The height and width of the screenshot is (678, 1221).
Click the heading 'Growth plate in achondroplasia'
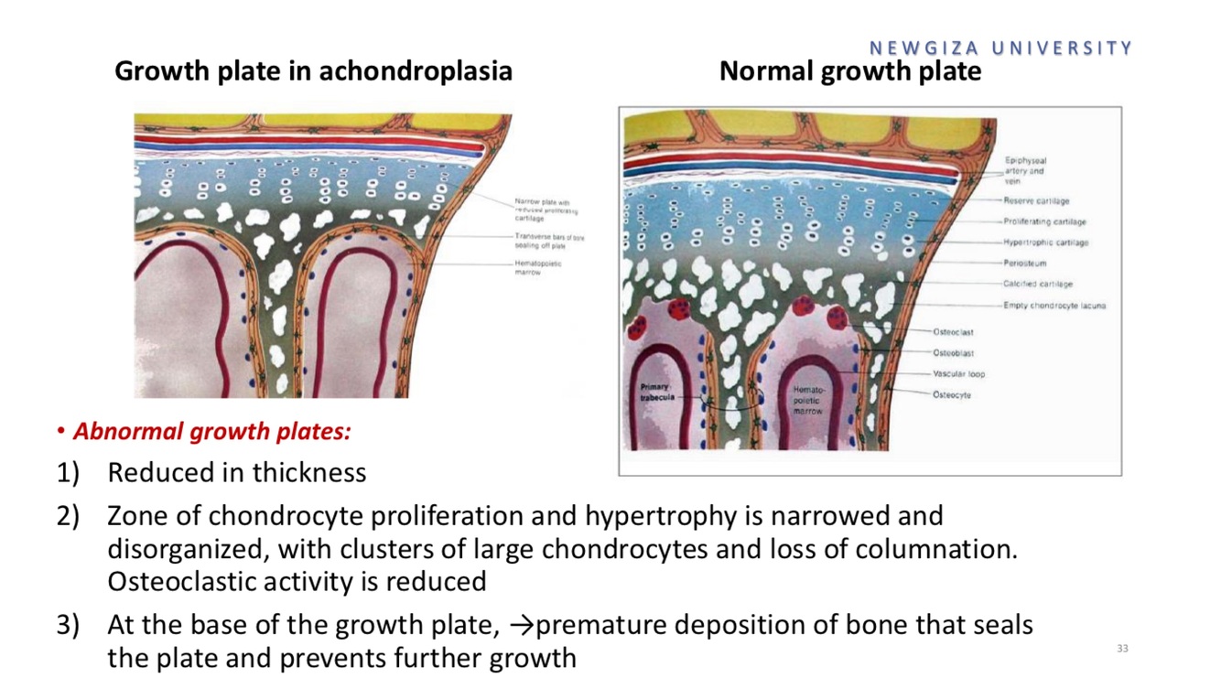click(x=313, y=70)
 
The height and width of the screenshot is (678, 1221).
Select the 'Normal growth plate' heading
click(x=849, y=70)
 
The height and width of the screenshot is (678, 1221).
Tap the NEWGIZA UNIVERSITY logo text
click(x=1000, y=48)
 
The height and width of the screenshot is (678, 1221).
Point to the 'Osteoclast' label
click(x=953, y=332)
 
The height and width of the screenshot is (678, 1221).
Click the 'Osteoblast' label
click(x=953, y=353)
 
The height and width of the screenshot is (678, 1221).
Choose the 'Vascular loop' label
click(x=958, y=374)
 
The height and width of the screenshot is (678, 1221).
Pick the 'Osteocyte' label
click(x=952, y=395)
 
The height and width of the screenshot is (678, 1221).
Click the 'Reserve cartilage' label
click(x=1035, y=200)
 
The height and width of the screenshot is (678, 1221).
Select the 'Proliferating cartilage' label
click(x=1044, y=221)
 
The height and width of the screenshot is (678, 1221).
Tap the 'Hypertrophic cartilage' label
click(x=1045, y=242)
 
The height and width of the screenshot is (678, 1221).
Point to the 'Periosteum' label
click(x=1024, y=264)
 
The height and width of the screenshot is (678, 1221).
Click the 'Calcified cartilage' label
click(x=1037, y=285)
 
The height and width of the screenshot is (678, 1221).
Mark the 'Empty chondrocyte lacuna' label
click(x=1054, y=306)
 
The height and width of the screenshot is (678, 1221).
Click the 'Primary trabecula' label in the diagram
click(x=654, y=394)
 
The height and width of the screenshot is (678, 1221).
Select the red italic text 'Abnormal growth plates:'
click(x=211, y=431)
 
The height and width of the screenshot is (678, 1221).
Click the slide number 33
click(x=1122, y=649)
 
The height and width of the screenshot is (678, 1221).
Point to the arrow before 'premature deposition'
click(x=519, y=626)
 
